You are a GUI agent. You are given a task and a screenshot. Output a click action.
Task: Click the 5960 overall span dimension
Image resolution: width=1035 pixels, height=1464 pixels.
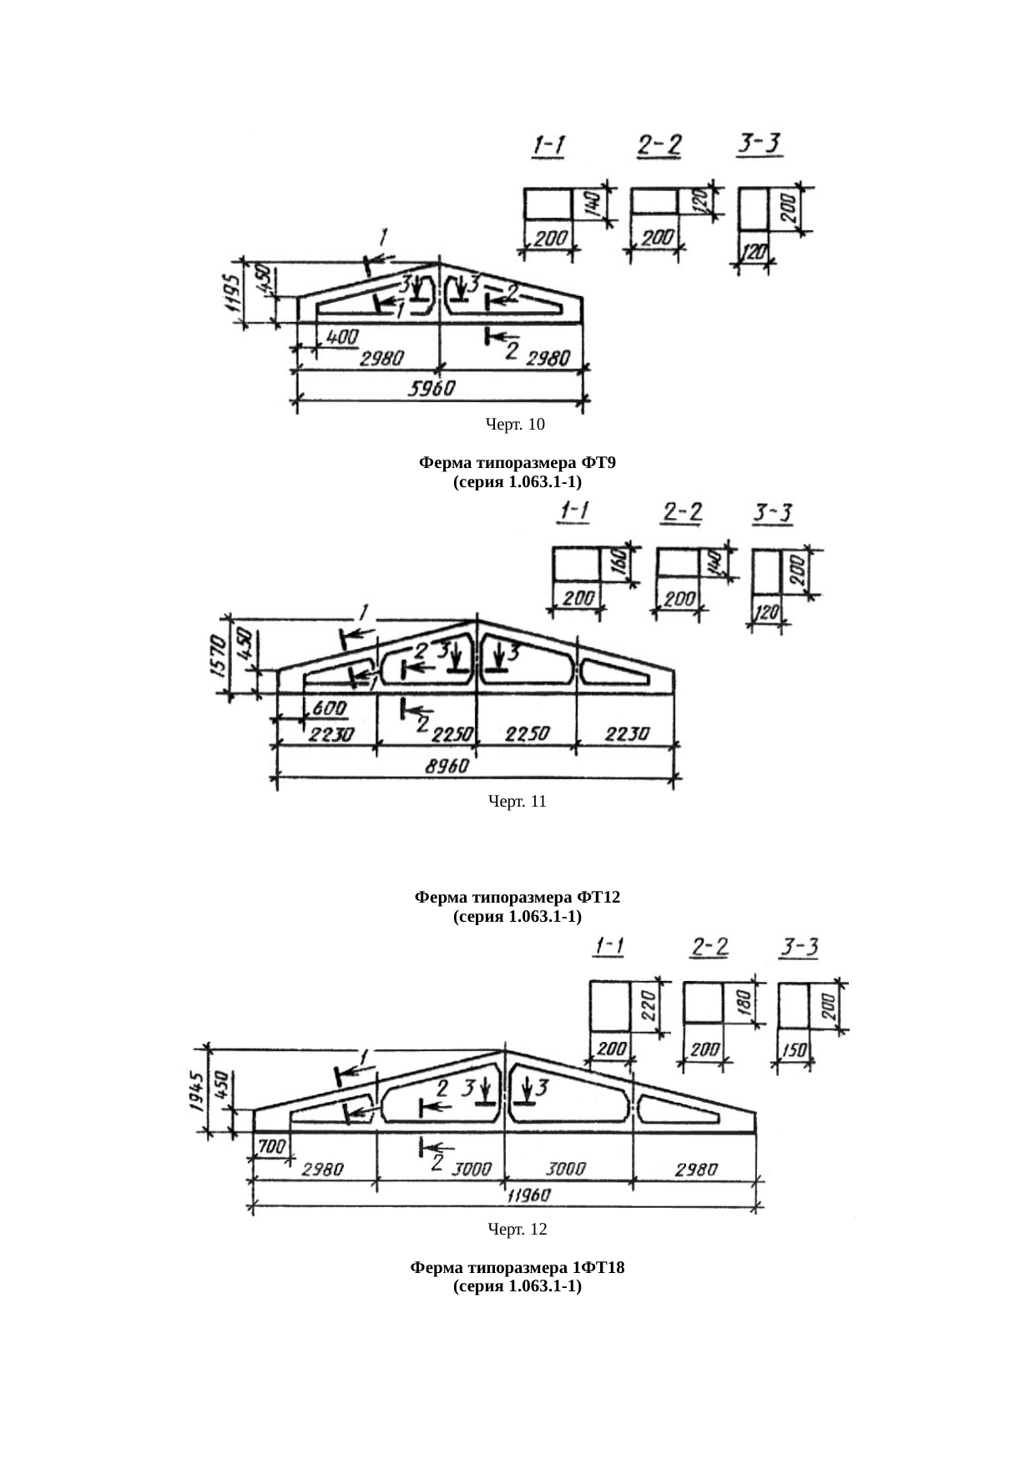click(432, 389)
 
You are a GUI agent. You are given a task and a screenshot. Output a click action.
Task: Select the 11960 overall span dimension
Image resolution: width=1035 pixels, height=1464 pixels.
click(530, 1195)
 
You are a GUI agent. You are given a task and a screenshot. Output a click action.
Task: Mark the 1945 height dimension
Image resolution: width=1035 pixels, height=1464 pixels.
click(196, 1091)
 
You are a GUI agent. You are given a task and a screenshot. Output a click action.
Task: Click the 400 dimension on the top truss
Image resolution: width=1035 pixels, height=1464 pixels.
click(342, 337)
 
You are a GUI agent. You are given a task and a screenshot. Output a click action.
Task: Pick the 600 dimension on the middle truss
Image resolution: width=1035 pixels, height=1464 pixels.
click(329, 708)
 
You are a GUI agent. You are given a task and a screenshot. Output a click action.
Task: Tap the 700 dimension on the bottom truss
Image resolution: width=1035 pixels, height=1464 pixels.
click(271, 1147)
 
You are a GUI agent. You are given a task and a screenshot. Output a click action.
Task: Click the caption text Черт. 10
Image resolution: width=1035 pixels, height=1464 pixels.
click(515, 425)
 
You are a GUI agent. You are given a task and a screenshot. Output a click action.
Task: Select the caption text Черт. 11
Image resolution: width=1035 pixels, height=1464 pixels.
click(517, 802)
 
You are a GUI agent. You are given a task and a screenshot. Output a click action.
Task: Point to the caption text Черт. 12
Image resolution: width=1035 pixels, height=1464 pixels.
click(517, 1229)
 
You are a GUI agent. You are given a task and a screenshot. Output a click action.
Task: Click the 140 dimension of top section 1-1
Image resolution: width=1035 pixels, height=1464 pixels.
click(590, 203)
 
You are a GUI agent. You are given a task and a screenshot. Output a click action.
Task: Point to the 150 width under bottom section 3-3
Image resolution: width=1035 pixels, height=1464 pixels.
click(795, 1050)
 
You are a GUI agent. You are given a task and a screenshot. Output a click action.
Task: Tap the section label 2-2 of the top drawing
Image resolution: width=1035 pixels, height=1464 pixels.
click(659, 146)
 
